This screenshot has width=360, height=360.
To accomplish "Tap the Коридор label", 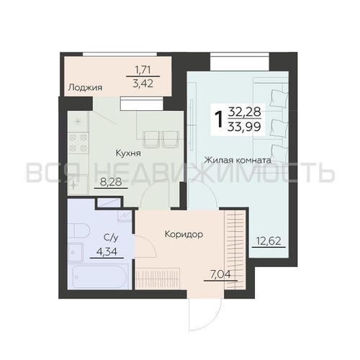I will click(183, 234).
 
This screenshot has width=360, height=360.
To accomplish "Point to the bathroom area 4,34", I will click(108, 251).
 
